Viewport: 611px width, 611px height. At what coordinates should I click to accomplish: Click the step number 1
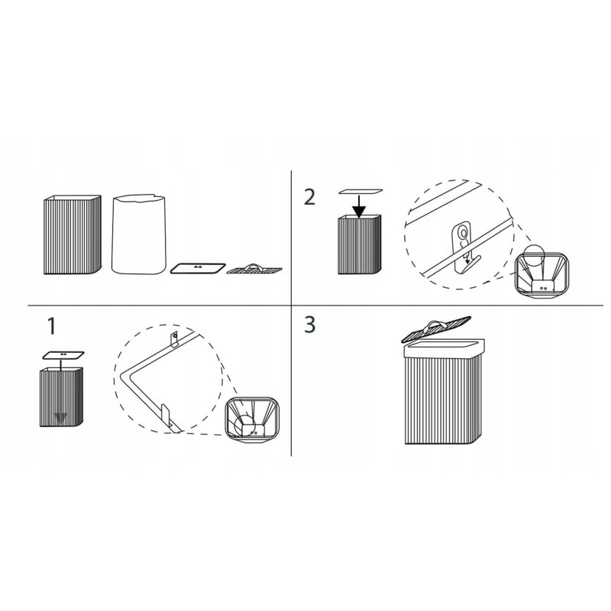pyautogui.click(x=51, y=326)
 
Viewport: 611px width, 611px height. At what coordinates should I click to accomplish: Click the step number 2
pyautogui.click(x=309, y=197)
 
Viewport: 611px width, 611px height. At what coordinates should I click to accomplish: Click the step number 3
pyautogui.click(x=309, y=325)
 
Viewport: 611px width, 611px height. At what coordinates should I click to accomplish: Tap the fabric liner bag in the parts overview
pyautogui.click(x=138, y=234)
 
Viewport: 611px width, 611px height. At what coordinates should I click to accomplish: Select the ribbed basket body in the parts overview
pyautogui.click(x=72, y=234)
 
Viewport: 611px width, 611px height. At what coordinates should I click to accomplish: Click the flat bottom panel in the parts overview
pyautogui.click(x=198, y=268)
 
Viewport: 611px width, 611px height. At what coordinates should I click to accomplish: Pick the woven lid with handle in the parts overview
pyautogui.click(x=254, y=269)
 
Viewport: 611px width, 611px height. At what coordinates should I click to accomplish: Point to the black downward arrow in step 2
pyautogui.click(x=359, y=206)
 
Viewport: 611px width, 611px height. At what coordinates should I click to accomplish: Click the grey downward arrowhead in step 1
pyautogui.click(x=61, y=419)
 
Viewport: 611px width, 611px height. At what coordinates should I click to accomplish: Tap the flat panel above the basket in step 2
pyautogui.click(x=360, y=192)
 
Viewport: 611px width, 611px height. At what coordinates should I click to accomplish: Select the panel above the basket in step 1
pyautogui.click(x=63, y=355)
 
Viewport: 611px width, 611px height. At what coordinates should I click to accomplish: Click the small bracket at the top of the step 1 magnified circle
pyautogui.click(x=174, y=338)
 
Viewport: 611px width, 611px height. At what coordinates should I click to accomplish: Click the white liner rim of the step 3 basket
pyautogui.click(x=445, y=348)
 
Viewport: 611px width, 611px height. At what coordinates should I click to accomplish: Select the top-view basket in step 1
pyautogui.click(x=251, y=420)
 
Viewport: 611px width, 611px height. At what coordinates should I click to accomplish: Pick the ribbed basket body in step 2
pyautogui.click(x=359, y=244)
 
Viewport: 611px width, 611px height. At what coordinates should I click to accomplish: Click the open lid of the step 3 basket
pyautogui.click(x=436, y=330)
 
